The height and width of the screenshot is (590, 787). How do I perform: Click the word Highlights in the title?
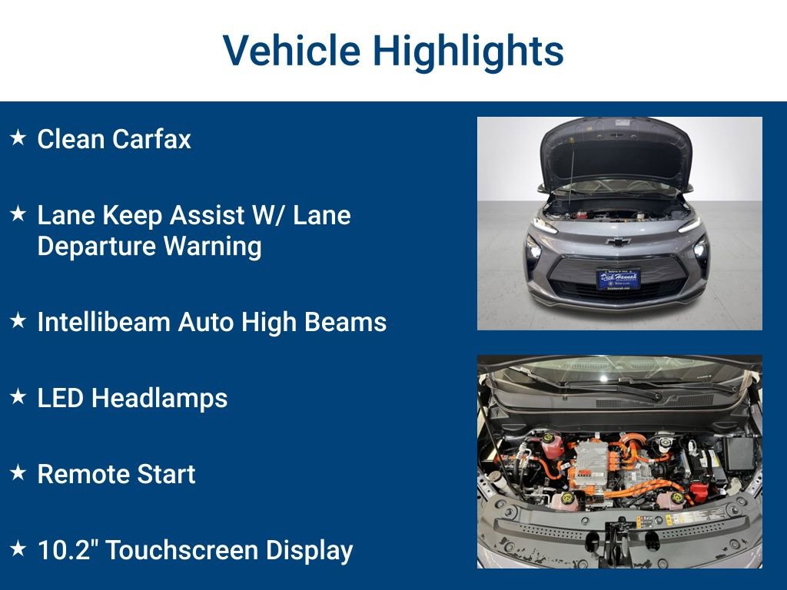point(468,51)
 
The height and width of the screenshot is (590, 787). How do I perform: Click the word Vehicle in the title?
point(291,51)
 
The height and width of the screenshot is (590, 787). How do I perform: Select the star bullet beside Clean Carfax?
point(18,138)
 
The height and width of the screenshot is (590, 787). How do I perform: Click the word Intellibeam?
point(105,322)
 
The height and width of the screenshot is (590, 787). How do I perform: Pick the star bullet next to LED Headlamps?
point(18,397)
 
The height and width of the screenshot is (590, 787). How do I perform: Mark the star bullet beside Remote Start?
point(18,473)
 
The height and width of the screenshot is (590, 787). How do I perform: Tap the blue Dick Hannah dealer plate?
point(618,278)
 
